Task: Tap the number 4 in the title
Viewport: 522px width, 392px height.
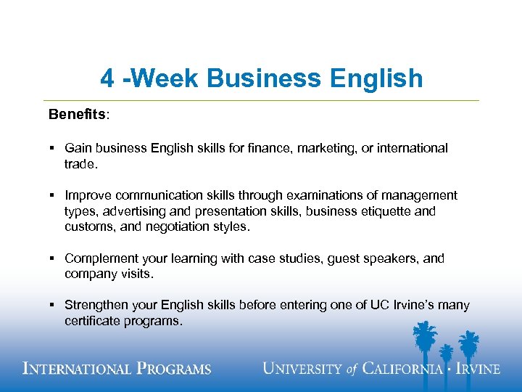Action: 107,78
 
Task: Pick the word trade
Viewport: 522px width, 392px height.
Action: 80,164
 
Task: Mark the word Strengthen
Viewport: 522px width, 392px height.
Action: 96,306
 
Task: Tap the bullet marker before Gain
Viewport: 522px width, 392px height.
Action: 53,148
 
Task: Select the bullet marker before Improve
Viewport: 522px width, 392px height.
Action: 53,195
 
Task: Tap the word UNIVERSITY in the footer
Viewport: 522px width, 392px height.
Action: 302,368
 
